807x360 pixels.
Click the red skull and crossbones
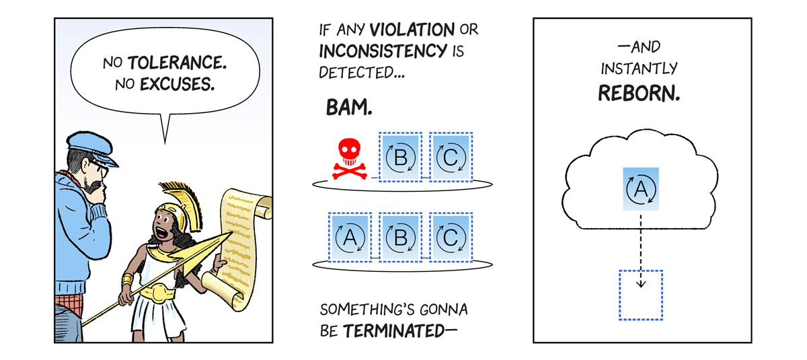349,160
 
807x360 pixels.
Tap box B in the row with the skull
400,157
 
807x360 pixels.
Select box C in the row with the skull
451,157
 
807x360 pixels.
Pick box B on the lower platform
400,238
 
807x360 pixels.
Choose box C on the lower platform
451,238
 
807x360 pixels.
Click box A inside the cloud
641,189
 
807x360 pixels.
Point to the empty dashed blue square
640,295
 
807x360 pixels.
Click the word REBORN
639,94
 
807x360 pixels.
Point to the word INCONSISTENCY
383,50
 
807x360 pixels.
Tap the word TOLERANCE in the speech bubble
177,64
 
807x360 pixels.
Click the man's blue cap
91,147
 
